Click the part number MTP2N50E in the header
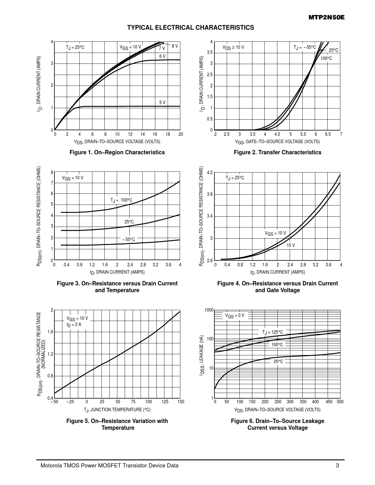point(326,18)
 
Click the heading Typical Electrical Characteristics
point(191,28)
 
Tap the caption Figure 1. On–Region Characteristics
point(117,152)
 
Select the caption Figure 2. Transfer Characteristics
point(277,152)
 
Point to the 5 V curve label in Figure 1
point(162,102)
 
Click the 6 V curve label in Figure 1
point(162,56)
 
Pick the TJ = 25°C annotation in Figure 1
point(75,47)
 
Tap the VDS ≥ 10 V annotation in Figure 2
point(233,47)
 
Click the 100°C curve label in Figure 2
point(326,58)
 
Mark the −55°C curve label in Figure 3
point(129,240)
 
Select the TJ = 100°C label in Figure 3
point(121,200)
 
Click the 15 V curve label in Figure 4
point(291,245)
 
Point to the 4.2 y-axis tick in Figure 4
point(209,172)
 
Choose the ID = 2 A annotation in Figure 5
point(74,325)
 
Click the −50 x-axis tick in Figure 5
point(54,402)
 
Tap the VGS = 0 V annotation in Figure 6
point(234,316)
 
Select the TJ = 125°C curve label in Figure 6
point(272,332)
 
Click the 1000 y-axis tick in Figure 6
point(209,310)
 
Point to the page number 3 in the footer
point(337,466)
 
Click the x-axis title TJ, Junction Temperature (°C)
point(117,409)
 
